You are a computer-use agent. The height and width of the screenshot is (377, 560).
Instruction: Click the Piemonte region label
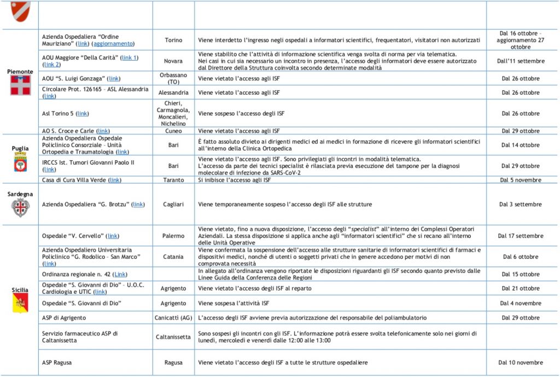(20, 72)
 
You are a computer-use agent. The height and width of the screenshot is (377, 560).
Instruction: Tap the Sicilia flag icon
(20, 303)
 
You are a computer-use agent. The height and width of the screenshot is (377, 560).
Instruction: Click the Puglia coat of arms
(20, 163)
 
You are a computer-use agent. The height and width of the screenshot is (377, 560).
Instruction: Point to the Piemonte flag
(20, 85)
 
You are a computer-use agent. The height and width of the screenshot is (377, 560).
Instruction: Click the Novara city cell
(173, 61)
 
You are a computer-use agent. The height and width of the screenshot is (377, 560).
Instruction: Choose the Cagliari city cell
(173, 204)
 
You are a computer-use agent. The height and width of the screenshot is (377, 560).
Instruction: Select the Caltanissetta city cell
(173, 337)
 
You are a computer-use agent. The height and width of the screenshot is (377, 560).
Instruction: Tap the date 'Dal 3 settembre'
(520, 204)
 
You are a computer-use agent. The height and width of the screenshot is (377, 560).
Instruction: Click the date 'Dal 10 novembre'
(520, 362)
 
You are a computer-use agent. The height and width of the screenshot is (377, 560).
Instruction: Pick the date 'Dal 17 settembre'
(520, 236)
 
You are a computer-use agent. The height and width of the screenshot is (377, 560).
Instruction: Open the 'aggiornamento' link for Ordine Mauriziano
(113, 44)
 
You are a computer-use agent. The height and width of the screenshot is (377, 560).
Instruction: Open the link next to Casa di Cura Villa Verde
(115, 179)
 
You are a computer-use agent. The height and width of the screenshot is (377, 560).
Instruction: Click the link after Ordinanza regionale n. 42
(120, 274)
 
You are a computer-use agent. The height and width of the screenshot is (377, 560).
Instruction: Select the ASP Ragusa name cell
(57, 362)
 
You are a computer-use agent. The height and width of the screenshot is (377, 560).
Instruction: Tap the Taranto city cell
(173, 179)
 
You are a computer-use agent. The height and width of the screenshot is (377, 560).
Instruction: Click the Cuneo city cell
(173, 131)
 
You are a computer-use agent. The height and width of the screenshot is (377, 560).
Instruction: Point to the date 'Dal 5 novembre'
(520, 179)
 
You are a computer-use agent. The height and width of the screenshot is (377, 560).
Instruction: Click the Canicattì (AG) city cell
(173, 317)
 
